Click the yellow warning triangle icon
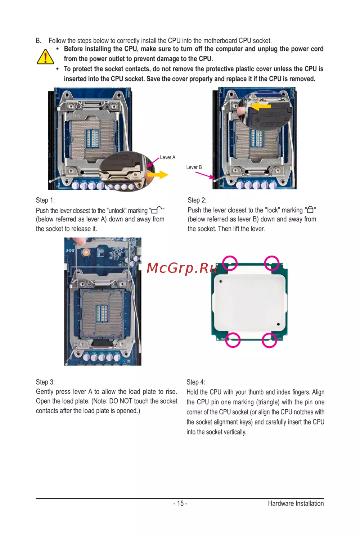click(45, 57)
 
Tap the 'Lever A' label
click(167, 157)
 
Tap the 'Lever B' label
click(194, 167)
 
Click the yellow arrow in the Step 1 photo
click(158, 175)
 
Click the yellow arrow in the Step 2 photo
click(261, 106)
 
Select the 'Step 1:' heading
click(45, 200)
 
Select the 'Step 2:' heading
click(197, 200)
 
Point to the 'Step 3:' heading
click(45, 382)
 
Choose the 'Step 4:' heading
click(196, 382)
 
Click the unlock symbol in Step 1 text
click(157, 210)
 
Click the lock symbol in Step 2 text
click(310, 210)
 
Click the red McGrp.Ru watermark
click(182, 268)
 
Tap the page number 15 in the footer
click(180, 503)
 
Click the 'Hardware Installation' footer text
click(296, 503)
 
